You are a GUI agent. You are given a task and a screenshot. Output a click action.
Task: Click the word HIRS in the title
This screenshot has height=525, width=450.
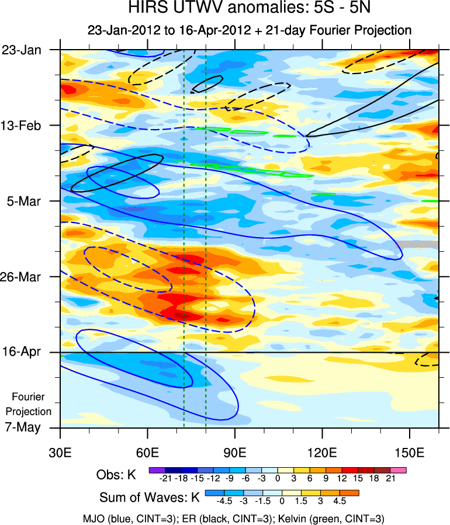point(146,9)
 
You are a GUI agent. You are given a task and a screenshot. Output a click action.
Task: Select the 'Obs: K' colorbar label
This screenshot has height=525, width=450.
point(116,475)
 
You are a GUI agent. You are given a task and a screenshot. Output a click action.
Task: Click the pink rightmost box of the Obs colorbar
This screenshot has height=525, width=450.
point(399,470)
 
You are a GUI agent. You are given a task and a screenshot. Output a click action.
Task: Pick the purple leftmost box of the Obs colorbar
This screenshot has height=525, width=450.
point(155,470)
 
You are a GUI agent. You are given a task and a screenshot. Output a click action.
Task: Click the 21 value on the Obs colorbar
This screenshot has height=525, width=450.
point(391,479)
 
